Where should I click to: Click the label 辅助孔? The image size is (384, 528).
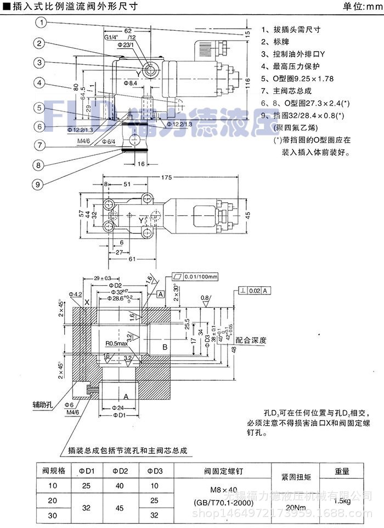42,405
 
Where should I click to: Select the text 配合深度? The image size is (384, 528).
251,341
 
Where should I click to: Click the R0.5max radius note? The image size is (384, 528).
116,344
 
